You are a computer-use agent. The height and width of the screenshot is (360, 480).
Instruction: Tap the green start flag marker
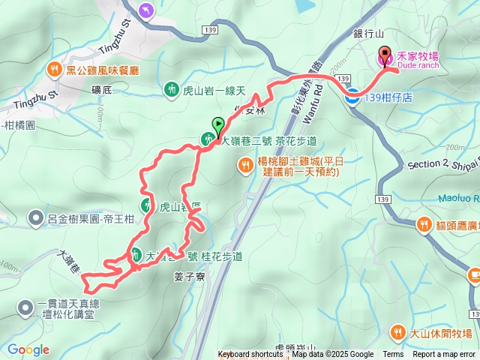coord(218,124)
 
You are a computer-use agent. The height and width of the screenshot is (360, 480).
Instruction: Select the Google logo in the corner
coord(28,349)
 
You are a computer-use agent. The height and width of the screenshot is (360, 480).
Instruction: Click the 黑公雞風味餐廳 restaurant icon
coord(55,70)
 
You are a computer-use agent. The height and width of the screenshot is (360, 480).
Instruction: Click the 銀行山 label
coord(369,34)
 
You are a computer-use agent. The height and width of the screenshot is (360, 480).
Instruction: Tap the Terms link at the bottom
coord(393,355)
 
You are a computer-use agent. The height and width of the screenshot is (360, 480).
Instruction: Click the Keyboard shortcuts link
coord(250,355)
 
